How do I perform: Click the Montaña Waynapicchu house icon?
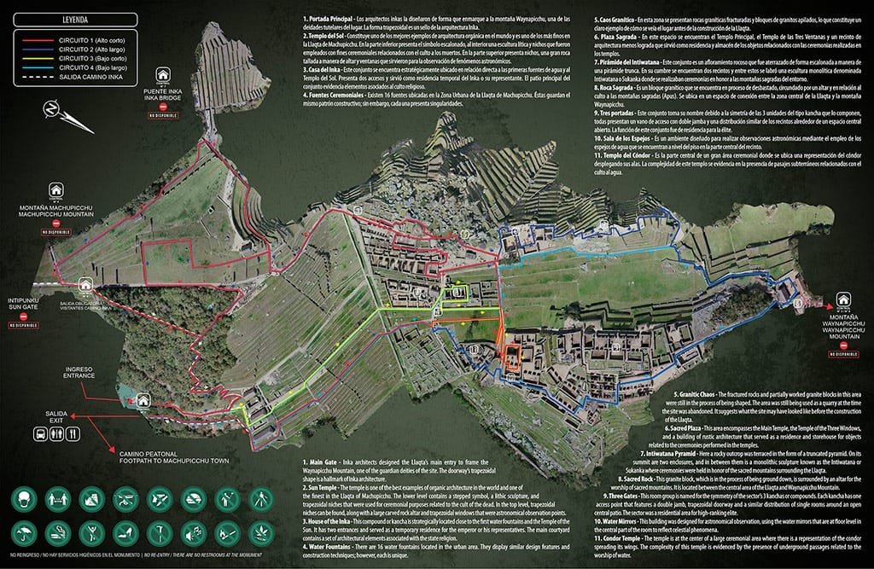coord(843,299)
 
